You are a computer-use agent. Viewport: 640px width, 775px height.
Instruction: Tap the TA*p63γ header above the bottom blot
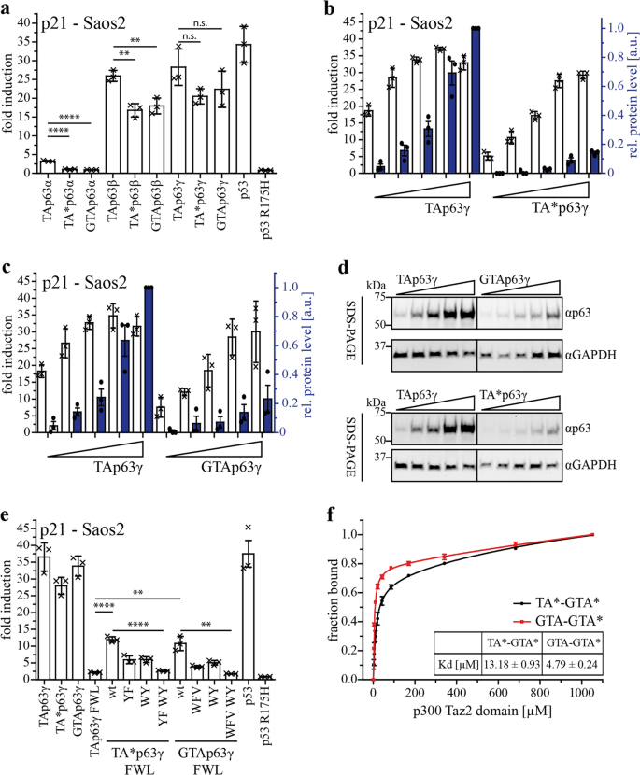(x=509, y=395)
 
